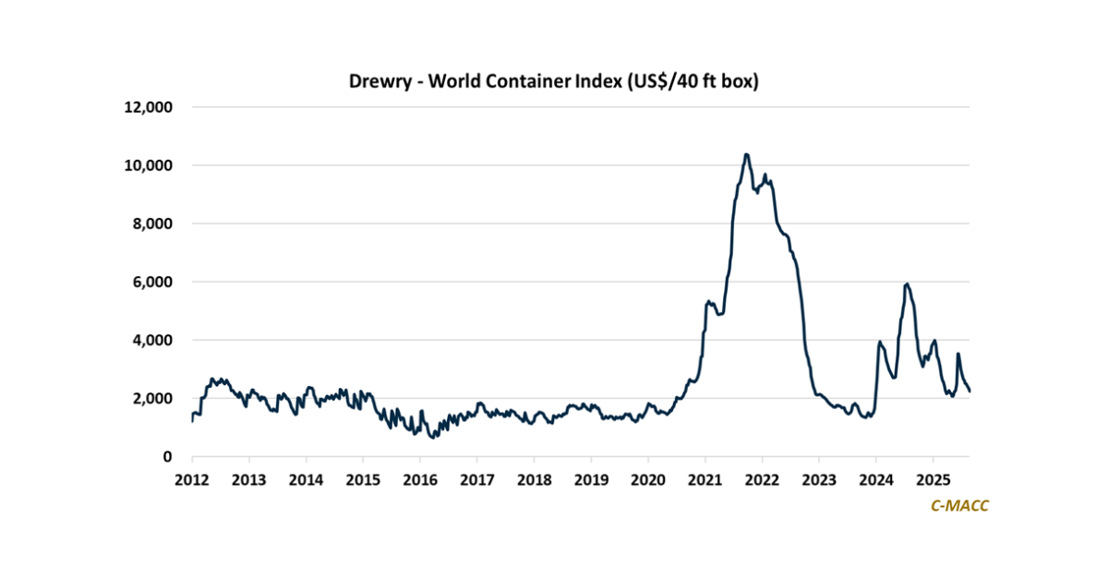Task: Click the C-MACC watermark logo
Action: tap(960, 505)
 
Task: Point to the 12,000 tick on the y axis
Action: tap(148, 107)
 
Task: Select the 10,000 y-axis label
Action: tap(148, 165)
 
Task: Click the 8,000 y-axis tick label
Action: tap(151, 223)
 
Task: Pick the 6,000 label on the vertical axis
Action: tap(151, 282)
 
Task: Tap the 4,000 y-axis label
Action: tap(151, 340)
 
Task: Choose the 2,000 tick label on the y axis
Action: tap(151, 398)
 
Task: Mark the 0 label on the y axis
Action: tap(168, 456)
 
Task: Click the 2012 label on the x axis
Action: tap(192, 480)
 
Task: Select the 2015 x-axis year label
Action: tap(363, 480)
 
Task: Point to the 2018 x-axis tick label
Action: tap(534, 480)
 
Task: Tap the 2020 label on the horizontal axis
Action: tap(648, 480)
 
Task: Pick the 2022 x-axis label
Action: tap(763, 480)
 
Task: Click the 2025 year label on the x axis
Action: tap(933, 480)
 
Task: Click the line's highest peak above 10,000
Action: tap(746, 154)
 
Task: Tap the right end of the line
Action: tap(969, 392)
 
